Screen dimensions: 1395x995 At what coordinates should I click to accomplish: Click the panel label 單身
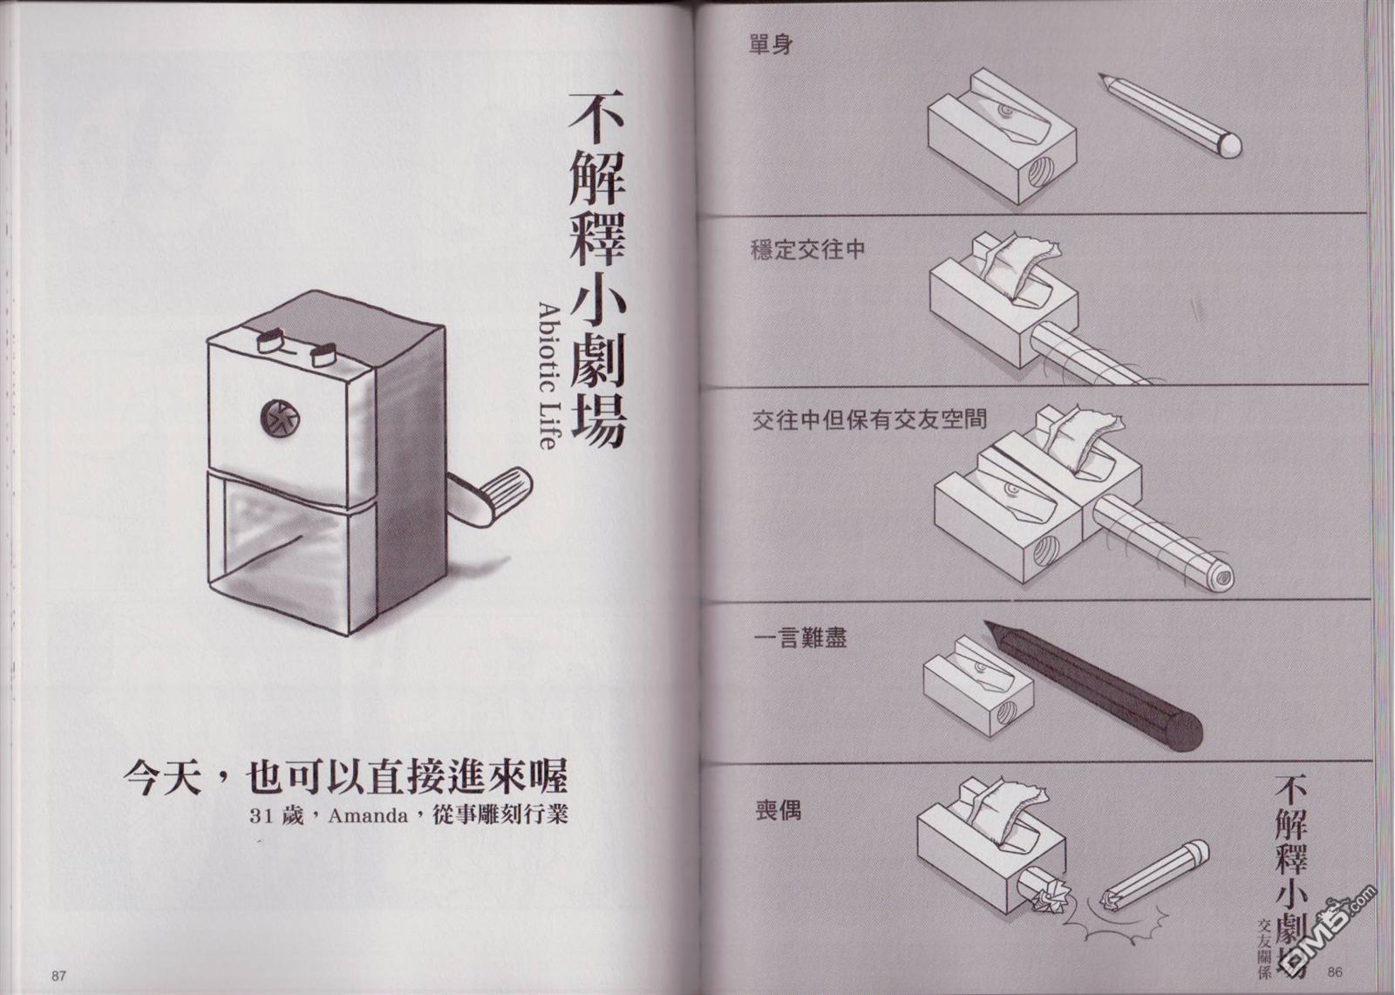coord(771,44)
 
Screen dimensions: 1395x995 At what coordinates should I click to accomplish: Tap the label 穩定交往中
coord(807,250)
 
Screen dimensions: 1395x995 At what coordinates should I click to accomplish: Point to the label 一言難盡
coord(800,638)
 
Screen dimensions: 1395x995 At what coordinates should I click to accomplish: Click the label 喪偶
coord(778,810)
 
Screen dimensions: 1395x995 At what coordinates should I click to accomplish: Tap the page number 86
coord(1335,971)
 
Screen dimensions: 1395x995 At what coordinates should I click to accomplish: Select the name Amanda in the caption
coord(367,815)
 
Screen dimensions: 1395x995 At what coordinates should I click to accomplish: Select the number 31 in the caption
coord(262,816)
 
